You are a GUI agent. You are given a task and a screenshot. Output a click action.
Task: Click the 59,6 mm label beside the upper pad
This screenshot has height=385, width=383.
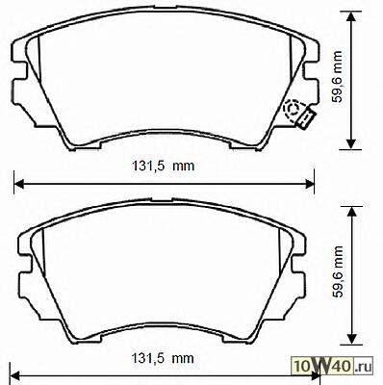pyautogui.click(x=337, y=76)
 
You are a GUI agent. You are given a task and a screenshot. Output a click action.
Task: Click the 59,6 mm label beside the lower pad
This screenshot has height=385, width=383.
pyautogui.click(x=338, y=271)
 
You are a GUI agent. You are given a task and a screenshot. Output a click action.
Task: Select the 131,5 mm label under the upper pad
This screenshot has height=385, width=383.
pyautogui.click(x=164, y=166)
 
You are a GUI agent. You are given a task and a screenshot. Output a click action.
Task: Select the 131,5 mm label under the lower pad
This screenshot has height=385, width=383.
pyautogui.click(x=163, y=358)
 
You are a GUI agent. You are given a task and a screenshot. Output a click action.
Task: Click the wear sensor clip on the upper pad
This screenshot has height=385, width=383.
pyautogui.click(x=307, y=118)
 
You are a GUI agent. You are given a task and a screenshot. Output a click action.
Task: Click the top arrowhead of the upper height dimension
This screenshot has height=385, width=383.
pyautogui.click(x=352, y=16)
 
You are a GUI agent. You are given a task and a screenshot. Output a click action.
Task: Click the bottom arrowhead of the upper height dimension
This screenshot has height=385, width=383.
pyautogui.click(x=352, y=144)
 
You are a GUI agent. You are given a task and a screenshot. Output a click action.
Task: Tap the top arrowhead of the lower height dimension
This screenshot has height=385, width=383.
pyautogui.click(x=352, y=212)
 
